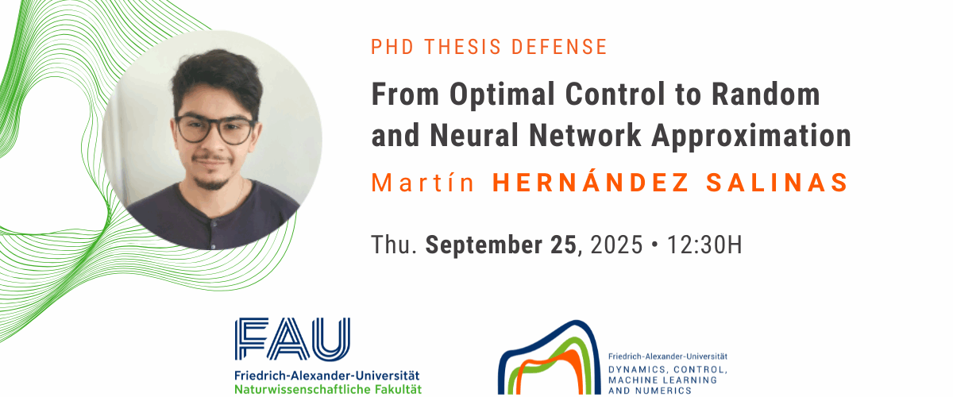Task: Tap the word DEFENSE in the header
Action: (559, 47)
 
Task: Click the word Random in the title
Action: (766, 94)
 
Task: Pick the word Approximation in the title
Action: (751, 136)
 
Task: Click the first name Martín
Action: (422, 182)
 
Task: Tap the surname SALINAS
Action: (777, 182)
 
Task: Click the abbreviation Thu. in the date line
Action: (394, 245)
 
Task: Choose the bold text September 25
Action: (501, 245)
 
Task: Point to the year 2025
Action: (616, 245)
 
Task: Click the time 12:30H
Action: (704, 245)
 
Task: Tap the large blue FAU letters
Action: (292, 339)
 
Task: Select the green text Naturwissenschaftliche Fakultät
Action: (328, 389)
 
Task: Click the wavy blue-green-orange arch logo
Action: (550, 358)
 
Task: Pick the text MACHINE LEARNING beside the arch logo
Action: (662, 380)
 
